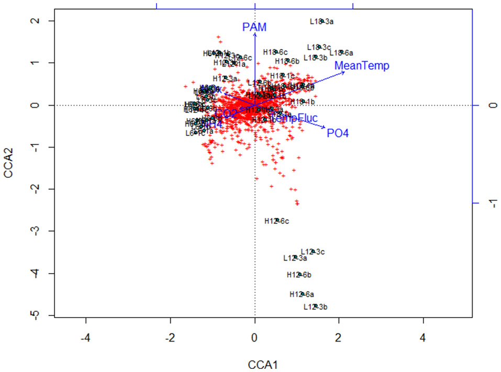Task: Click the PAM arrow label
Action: point(254,26)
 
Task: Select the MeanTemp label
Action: point(362,66)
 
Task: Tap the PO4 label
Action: point(338,133)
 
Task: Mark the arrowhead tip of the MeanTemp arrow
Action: point(346,71)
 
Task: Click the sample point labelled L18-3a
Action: point(322,21)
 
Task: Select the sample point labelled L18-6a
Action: point(341,52)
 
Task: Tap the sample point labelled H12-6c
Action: point(277,221)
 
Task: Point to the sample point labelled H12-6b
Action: point(299,275)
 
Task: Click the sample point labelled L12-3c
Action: point(313,252)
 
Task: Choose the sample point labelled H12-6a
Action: point(302,294)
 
